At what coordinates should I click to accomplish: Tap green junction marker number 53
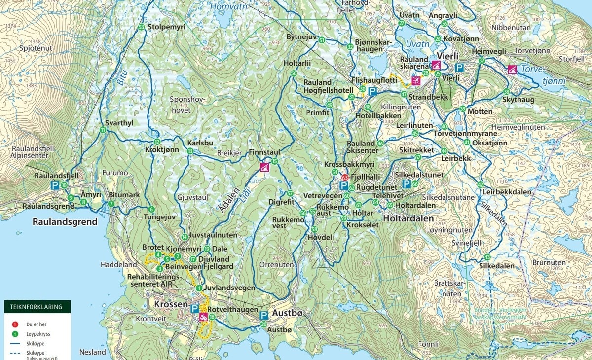point(142,27)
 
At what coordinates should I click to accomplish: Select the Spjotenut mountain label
point(36,48)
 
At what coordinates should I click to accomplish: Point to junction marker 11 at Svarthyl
point(103,130)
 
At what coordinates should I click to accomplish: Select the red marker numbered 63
point(345,178)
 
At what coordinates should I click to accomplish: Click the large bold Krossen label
point(171,304)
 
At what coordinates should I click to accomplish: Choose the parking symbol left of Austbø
point(264,315)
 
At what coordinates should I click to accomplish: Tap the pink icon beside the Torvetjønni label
point(512,69)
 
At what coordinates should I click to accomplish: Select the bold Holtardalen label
point(408,218)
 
